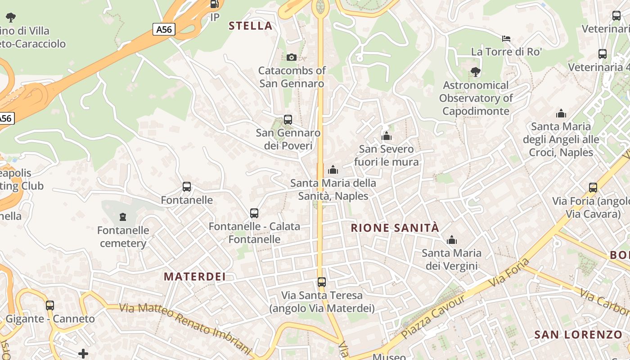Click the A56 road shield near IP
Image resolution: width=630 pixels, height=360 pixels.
click(164, 30)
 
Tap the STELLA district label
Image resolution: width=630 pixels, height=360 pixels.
click(251, 26)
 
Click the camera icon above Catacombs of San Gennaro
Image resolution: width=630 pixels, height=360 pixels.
click(292, 57)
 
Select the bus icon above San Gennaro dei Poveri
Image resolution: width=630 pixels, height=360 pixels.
click(288, 120)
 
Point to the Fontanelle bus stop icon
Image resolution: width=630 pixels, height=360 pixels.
click(187, 187)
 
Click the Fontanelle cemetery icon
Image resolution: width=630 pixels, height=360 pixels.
click(123, 217)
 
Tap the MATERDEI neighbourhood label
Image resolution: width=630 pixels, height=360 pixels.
click(194, 276)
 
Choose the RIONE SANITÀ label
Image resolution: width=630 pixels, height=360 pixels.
click(395, 228)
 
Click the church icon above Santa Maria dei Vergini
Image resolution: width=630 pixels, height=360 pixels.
click(452, 240)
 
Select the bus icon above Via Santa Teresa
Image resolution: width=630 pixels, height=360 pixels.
click(322, 282)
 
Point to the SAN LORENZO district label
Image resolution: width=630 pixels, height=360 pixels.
click(578, 334)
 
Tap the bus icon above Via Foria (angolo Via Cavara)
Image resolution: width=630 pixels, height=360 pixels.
click(593, 188)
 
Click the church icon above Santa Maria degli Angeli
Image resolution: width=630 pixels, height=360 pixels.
click(561, 113)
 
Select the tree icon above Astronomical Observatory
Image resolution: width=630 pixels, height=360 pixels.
click(476, 72)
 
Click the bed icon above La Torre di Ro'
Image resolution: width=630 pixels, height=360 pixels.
click(506, 39)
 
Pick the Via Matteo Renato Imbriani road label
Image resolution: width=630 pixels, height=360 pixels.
click(184, 328)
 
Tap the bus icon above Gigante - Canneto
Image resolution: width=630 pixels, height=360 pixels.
click(50, 306)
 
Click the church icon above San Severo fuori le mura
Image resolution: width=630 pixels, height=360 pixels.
click(387, 136)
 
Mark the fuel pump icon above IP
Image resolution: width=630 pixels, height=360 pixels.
click(215, 4)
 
